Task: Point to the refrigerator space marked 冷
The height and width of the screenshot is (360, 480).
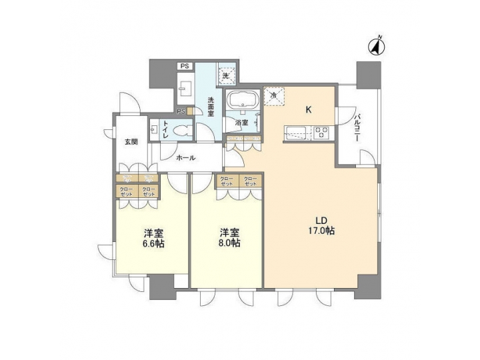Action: [x=273, y=96]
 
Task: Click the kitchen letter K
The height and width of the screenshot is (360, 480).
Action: [x=309, y=109]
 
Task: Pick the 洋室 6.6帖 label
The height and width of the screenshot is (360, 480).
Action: [x=154, y=238]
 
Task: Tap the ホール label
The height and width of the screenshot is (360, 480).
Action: [x=185, y=158]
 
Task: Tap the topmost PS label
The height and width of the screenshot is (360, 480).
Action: [x=185, y=66]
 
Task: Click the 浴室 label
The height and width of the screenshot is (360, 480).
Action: [x=242, y=123]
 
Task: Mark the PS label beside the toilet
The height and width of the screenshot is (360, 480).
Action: [x=181, y=111]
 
